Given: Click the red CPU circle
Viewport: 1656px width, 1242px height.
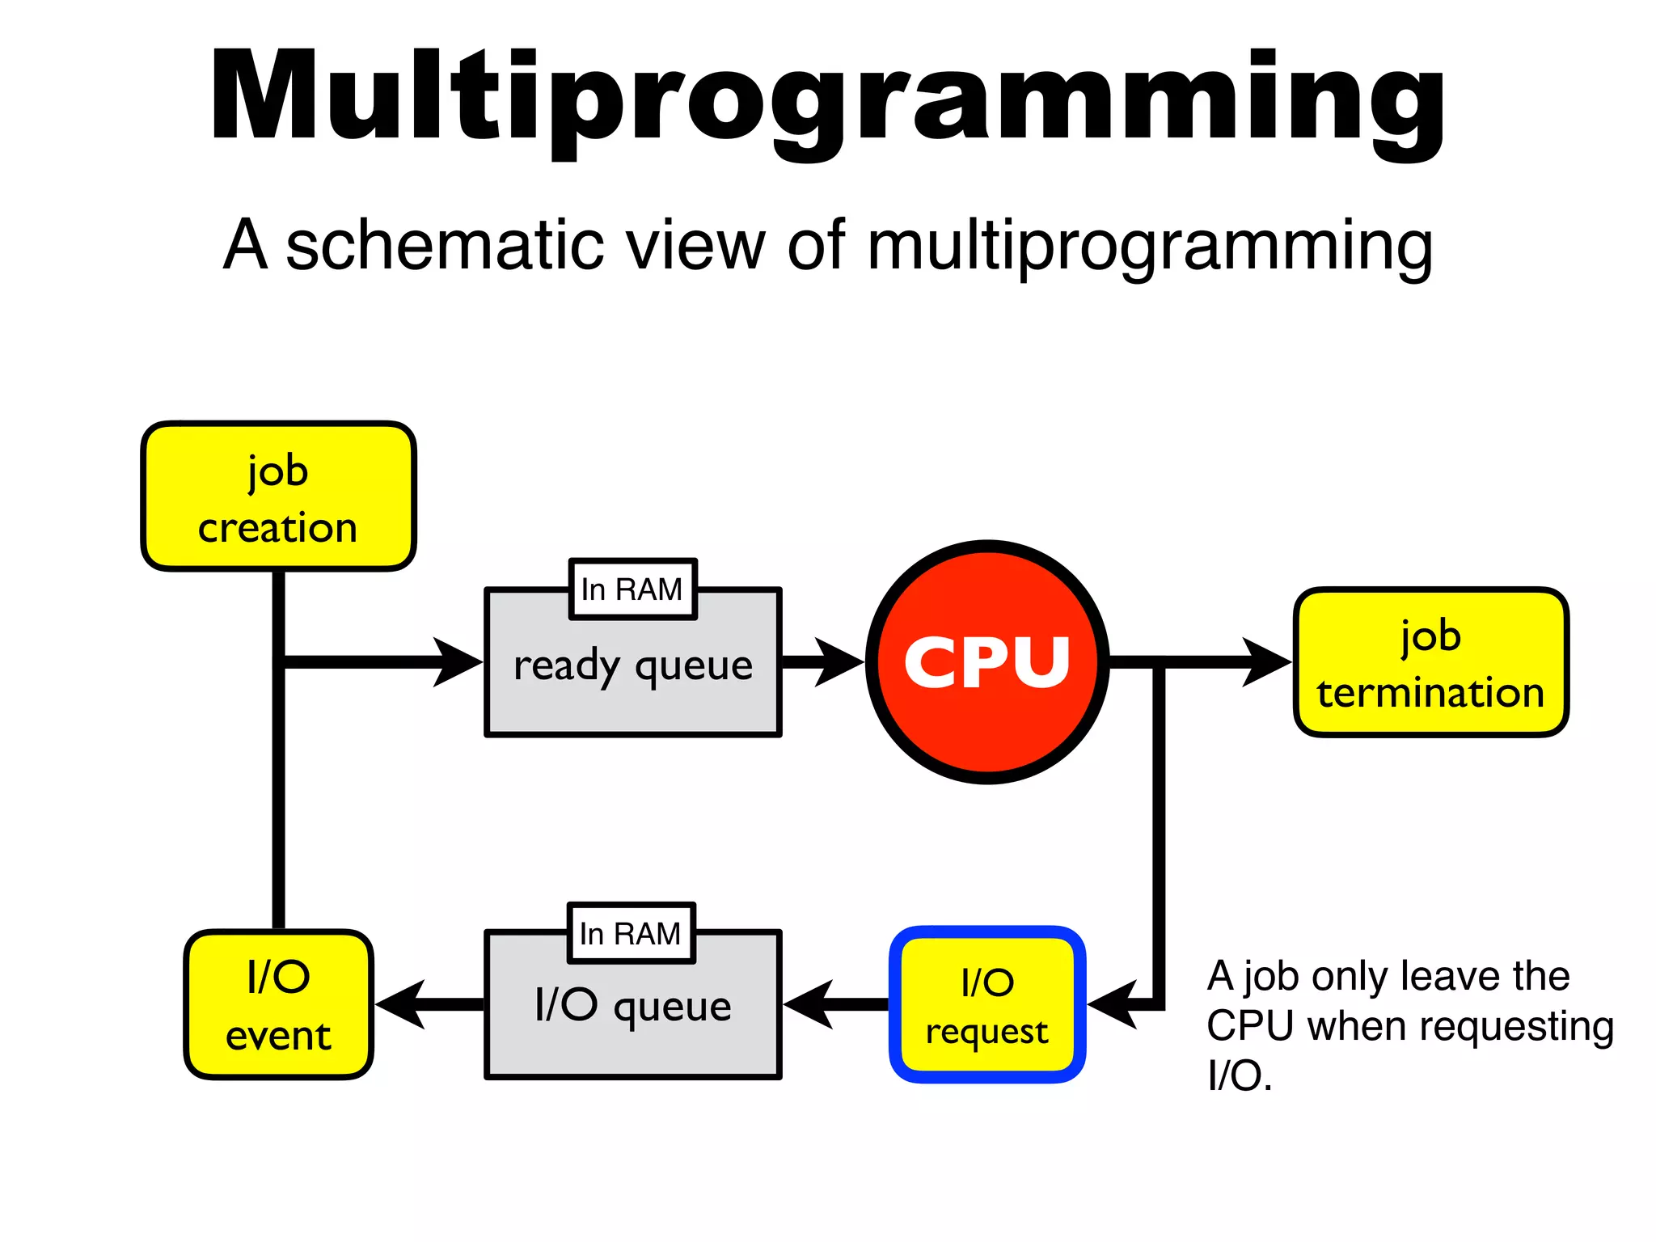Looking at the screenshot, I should pos(986,661).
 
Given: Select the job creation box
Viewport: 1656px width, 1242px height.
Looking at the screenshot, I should pos(278,496).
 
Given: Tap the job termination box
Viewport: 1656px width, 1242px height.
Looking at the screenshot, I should pos(1430,662).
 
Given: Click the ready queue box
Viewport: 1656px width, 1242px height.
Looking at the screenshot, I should pos(632,675).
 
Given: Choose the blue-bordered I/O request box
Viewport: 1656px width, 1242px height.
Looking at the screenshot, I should pos(986,1004).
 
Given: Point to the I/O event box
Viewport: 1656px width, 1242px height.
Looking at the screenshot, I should pos(278,1004).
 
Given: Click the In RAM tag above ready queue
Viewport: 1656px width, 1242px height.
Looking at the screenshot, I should pos(632,589).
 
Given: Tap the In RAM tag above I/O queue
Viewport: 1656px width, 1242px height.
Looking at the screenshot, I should pos(631,933).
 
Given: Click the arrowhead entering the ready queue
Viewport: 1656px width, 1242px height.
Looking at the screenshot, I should pos(459,662).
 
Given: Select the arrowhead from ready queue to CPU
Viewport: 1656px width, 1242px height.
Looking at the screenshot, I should pos(839,662).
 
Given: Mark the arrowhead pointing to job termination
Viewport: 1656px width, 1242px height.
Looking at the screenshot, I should pos(1266,662).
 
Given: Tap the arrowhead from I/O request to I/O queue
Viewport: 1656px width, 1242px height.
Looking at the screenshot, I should pos(809,1004).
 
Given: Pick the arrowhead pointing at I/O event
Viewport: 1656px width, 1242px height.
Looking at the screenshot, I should pos(401,1004).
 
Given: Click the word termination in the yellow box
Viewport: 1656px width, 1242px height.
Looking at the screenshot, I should pos(1430,693).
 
